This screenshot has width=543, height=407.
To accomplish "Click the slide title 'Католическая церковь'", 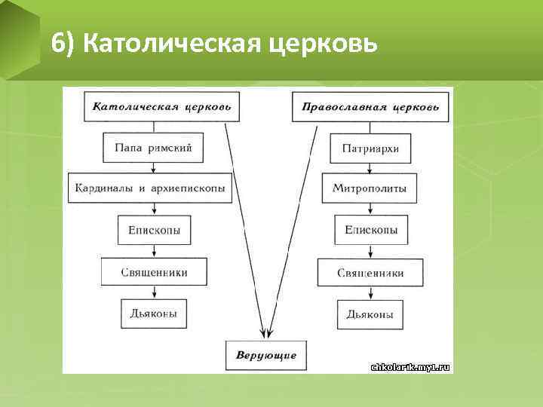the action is (x=214, y=44).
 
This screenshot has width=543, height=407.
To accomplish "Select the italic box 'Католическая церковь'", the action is (x=162, y=106).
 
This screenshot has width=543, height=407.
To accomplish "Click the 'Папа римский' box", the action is (x=154, y=148).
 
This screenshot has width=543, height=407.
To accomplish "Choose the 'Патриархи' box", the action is (x=370, y=148).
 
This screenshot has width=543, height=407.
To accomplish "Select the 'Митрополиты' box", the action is (x=370, y=188).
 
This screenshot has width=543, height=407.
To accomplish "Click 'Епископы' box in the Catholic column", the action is (x=155, y=229).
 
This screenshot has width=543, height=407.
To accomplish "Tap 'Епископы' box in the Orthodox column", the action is (x=371, y=229).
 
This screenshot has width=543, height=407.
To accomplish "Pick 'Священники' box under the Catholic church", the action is (x=154, y=271).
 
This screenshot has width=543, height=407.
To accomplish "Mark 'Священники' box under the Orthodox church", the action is (x=370, y=272).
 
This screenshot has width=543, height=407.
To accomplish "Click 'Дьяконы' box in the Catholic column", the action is (x=154, y=313).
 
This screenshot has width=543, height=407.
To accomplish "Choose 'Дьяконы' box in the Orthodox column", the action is (x=370, y=314).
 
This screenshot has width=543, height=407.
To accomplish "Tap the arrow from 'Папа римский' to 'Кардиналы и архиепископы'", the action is (x=154, y=167).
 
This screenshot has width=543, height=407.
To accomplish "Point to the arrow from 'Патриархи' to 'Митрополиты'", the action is (x=370, y=167).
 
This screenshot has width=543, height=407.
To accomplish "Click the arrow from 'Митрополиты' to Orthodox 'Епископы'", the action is (x=370, y=208).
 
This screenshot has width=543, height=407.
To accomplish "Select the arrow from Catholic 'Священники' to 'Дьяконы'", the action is (x=154, y=292).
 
